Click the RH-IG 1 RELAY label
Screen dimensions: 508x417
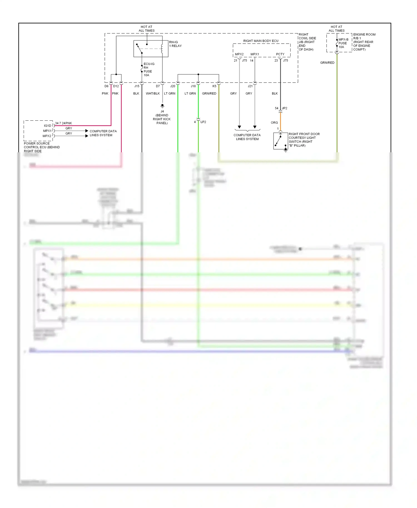coord(175,44)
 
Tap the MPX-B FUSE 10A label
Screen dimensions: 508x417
coord(343,43)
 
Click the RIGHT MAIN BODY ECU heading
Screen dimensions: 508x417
coord(260,41)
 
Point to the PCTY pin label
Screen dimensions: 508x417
coord(280,54)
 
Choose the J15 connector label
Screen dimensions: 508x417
coord(137,86)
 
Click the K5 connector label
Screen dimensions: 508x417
coord(214,86)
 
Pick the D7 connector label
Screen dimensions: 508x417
coord(158,86)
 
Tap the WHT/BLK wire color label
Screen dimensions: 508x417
coord(153,94)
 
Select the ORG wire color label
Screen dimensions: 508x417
coord(274,123)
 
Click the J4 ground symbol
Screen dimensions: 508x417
coord(162,106)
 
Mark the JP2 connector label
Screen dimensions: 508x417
coord(284,108)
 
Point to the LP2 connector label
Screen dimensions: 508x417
coord(203,122)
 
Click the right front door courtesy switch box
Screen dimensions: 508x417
coord(280,141)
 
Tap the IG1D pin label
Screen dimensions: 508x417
coord(48,126)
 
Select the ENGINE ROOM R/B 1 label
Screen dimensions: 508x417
coord(364,42)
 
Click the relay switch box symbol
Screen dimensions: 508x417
coord(151,49)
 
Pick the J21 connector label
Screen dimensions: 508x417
coord(250,86)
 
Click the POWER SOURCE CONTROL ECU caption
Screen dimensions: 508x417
coord(41,147)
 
